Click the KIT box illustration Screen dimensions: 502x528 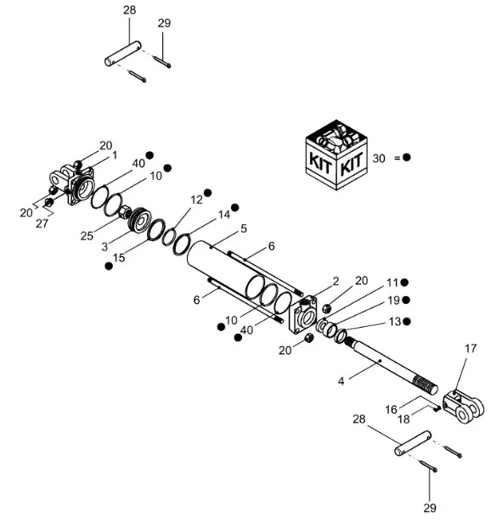click(336, 154)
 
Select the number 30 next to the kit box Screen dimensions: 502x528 click(379, 158)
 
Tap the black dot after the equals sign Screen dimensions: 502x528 click(407, 157)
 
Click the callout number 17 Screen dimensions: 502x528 click(471, 349)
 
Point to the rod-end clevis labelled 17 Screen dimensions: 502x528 click(464, 407)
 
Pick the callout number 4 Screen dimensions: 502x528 click(341, 381)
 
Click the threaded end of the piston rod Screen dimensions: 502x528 click(426, 385)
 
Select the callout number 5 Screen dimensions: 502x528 click(244, 228)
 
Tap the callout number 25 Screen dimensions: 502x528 click(87, 236)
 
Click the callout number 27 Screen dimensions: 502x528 click(42, 223)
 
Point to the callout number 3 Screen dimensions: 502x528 click(104, 247)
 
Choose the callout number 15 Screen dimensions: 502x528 click(119, 257)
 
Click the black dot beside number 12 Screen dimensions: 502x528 click(207, 193)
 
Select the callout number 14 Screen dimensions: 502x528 click(224, 215)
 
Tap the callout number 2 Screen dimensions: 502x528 click(336, 281)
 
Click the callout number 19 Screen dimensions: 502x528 click(393, 301)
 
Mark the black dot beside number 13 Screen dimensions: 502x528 click(407, 322)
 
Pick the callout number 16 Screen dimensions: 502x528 click(392, 409)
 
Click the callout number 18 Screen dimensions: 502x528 click(403, 418)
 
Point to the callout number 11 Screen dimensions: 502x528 click(392, 283)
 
